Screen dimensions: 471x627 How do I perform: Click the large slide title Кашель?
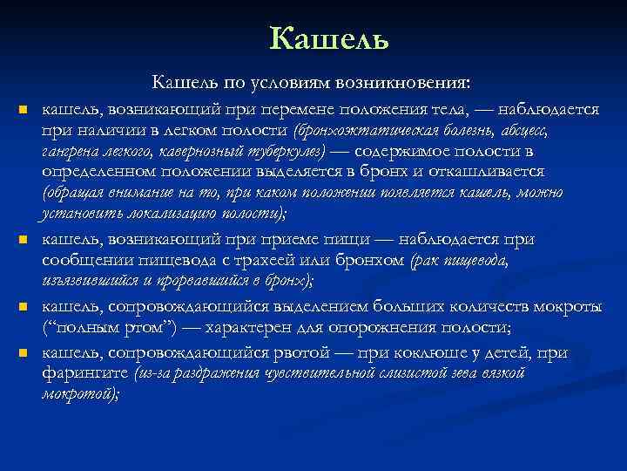coord(329,38)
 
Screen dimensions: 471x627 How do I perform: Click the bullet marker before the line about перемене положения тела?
coord(24,111)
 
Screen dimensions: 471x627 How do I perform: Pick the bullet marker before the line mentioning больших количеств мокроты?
coord(24,308)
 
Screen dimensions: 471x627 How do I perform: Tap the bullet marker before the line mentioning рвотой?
coord(24,353)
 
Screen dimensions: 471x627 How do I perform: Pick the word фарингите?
coord(84,372)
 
